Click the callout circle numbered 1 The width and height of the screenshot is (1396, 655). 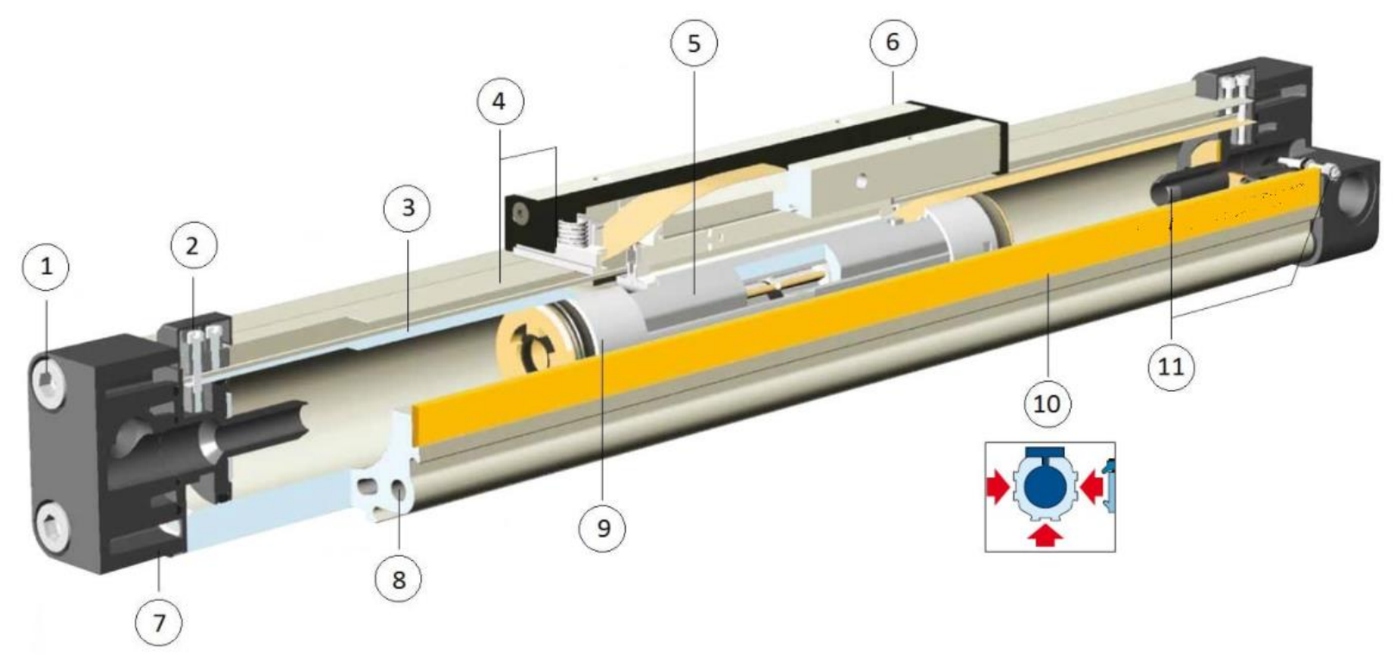(x=46, y=267)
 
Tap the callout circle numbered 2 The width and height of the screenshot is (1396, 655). (x=193, y=246)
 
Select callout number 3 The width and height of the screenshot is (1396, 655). (x=408, y=207)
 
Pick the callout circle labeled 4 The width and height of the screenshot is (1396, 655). (x=500, y=101)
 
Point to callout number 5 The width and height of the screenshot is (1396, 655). (x=694, y=43)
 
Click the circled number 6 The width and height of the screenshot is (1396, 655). (x=893, y=42)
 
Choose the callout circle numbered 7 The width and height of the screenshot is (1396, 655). (x=160, y=622)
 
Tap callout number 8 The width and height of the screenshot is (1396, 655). (x=399, y=580)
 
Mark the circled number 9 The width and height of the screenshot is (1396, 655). (x=602, y=528)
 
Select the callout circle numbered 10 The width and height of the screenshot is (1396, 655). (x=1047, y=404)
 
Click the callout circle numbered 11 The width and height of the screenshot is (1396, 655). (x=1171, y=367)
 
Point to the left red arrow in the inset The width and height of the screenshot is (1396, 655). (x=997, y=488)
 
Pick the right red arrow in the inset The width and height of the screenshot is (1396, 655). (x=1092, y=488)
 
